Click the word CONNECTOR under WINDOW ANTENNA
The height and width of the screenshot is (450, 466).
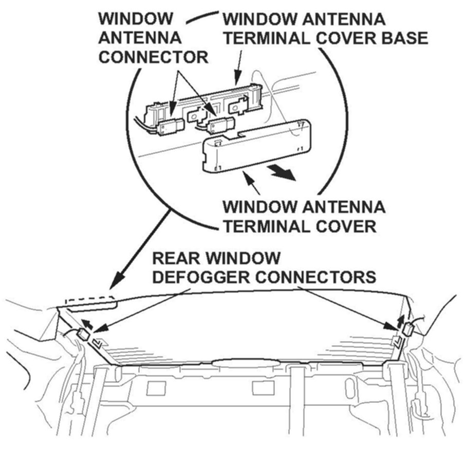click(154, 56)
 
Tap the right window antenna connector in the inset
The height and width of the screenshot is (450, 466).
click(220, 125)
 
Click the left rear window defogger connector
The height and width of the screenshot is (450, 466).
click(83, 336)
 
